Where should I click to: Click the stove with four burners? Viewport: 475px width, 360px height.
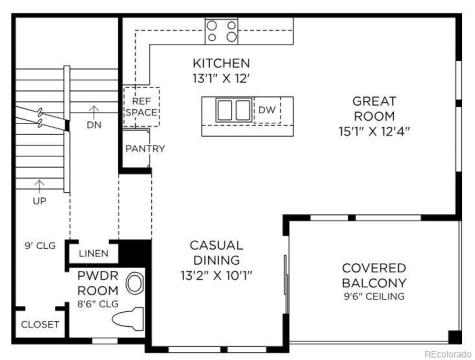point(221,32)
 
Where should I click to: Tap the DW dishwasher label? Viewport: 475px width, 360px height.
point(266,110)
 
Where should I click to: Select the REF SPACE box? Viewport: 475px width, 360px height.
point(140,106)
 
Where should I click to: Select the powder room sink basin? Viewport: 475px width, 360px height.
point(136,284)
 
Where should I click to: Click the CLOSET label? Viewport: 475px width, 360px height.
point(41,325)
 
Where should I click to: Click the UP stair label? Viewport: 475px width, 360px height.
point(39,200)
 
